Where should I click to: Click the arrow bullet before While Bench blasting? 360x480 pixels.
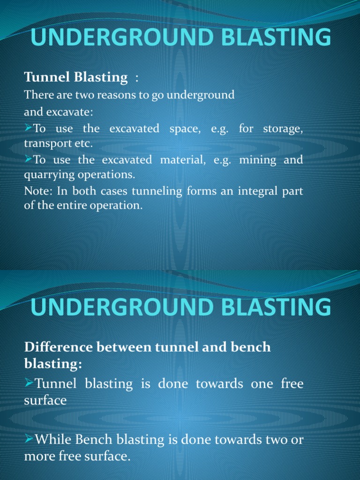pos(29,439)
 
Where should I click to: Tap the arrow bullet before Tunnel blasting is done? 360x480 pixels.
pos(29,383)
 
